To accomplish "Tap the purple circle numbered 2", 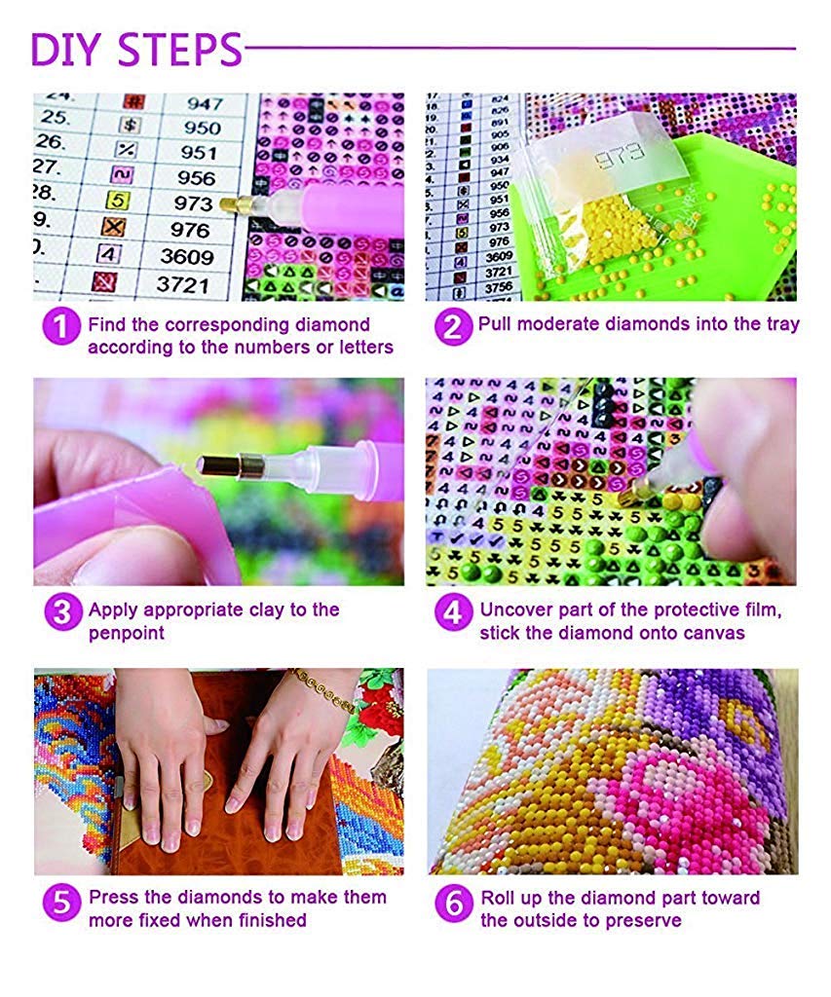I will click(451, 326).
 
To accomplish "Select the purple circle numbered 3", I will click(61, 612).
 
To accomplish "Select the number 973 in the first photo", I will click(194, 203).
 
